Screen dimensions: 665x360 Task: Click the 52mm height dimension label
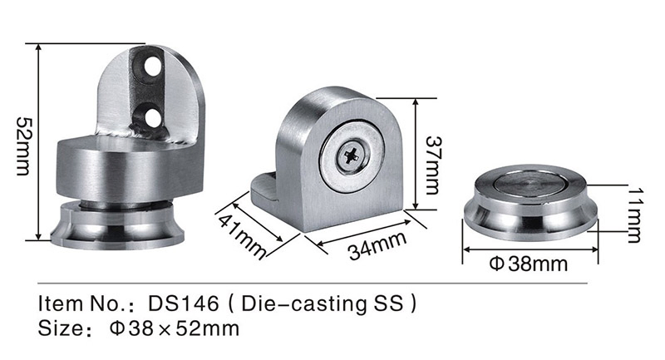(x=23, y=145)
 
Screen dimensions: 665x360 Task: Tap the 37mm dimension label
(x=432, y=165)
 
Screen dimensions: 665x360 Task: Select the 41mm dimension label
(x=243, y=235)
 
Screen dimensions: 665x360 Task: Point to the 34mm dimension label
(x=377, y=245)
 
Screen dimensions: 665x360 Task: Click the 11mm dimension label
(x=633, y=215)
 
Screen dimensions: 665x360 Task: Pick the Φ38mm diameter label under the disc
(x=528, y=264)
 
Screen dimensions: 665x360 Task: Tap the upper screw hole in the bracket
(x=153, y=68)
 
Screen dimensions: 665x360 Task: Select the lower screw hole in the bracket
(x=153, y=118)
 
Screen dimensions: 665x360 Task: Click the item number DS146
(x=184, y=303)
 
